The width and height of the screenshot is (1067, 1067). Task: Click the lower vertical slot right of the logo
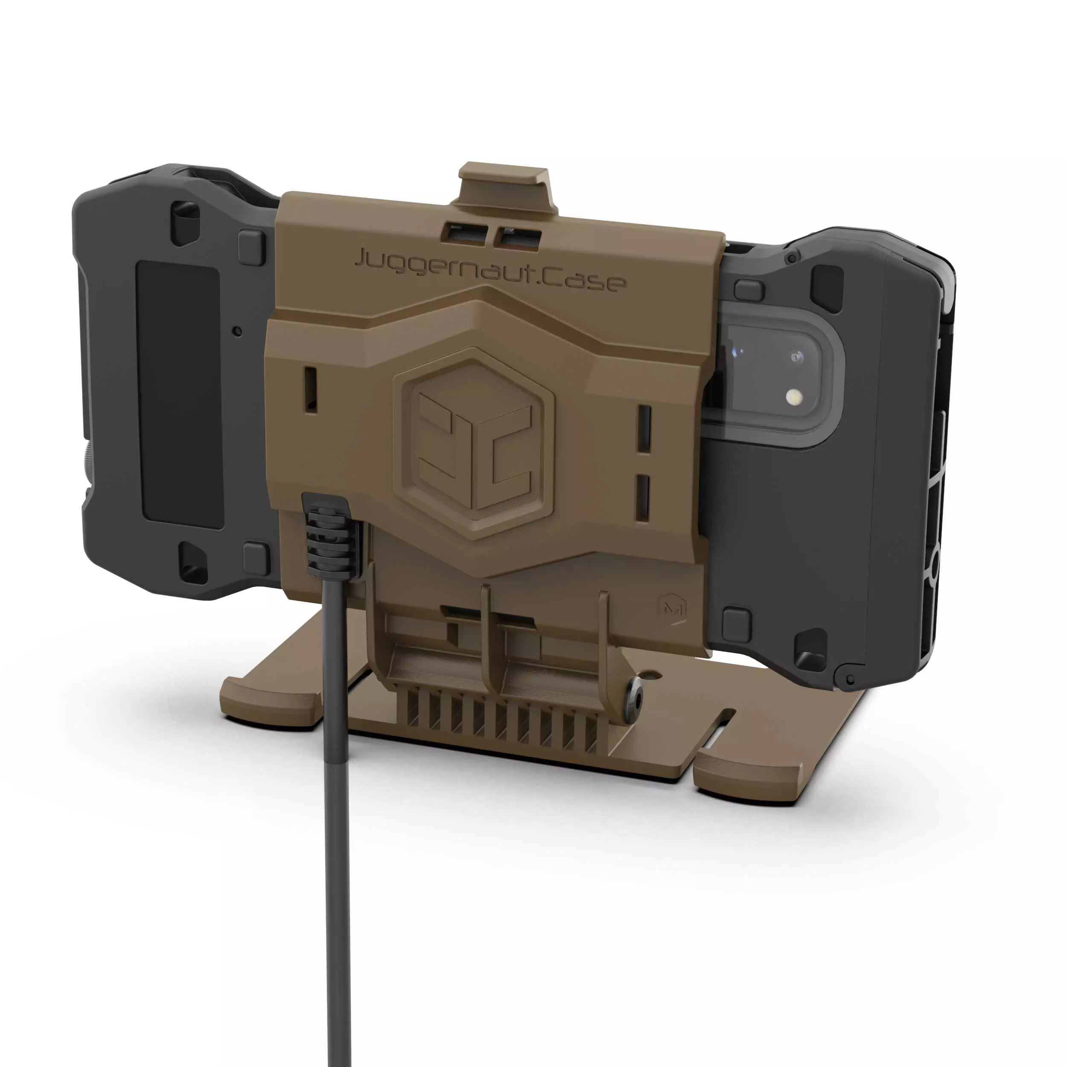tap(642, 496)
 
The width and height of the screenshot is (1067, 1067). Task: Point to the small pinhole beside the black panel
tap(237, 331)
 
